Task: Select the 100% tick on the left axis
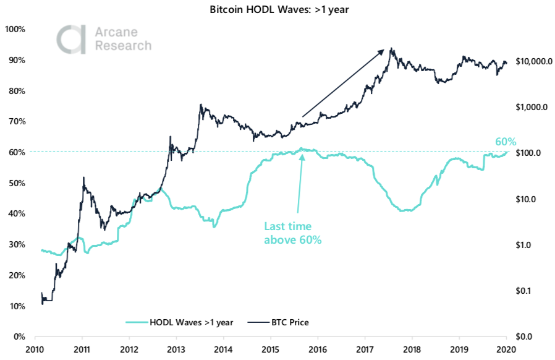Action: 14,29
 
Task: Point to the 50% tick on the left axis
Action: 16,183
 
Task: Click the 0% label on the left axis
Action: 19,337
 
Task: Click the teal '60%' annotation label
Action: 505,141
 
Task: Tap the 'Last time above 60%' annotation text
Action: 293,233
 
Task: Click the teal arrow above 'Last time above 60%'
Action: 300,183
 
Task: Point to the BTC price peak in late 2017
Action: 391,48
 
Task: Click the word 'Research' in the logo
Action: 122,46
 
